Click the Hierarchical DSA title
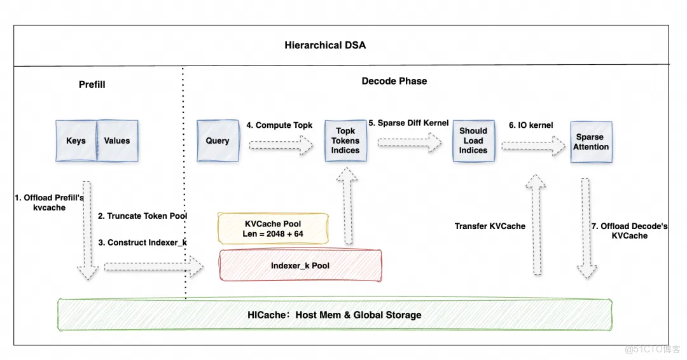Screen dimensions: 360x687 325,45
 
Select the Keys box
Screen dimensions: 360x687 76,141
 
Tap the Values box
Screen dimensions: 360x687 117,141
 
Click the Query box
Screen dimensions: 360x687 218,141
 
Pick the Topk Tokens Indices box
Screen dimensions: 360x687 345,141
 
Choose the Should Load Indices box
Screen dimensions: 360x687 473,141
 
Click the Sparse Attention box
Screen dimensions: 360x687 592,141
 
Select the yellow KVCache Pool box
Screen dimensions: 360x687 273,229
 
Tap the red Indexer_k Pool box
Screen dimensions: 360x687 300,265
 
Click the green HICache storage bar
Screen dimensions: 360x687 335,314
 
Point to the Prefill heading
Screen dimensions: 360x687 92,84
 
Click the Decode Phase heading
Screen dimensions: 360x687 394,81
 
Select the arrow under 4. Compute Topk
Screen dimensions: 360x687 281,147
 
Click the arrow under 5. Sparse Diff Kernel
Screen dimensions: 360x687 409,144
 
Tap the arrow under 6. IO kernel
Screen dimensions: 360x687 533,146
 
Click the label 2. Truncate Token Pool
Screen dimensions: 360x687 142,216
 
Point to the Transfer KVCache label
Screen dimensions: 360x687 490,226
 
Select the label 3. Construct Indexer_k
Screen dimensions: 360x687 143,242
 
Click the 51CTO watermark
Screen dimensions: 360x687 653,349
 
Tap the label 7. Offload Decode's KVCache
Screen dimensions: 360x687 630,230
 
